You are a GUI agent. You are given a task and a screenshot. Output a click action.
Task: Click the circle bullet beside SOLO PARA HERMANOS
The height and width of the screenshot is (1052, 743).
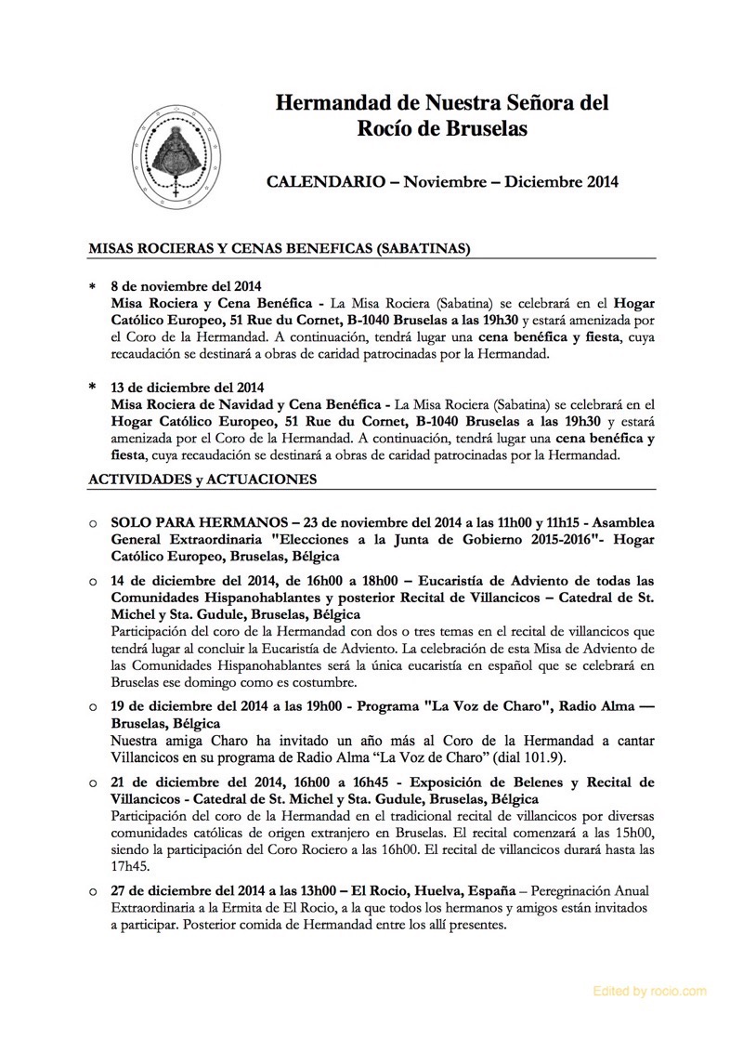[x=93, y=525]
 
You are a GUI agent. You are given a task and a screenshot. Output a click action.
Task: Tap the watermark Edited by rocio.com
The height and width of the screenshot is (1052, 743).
[x=649, y=992]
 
